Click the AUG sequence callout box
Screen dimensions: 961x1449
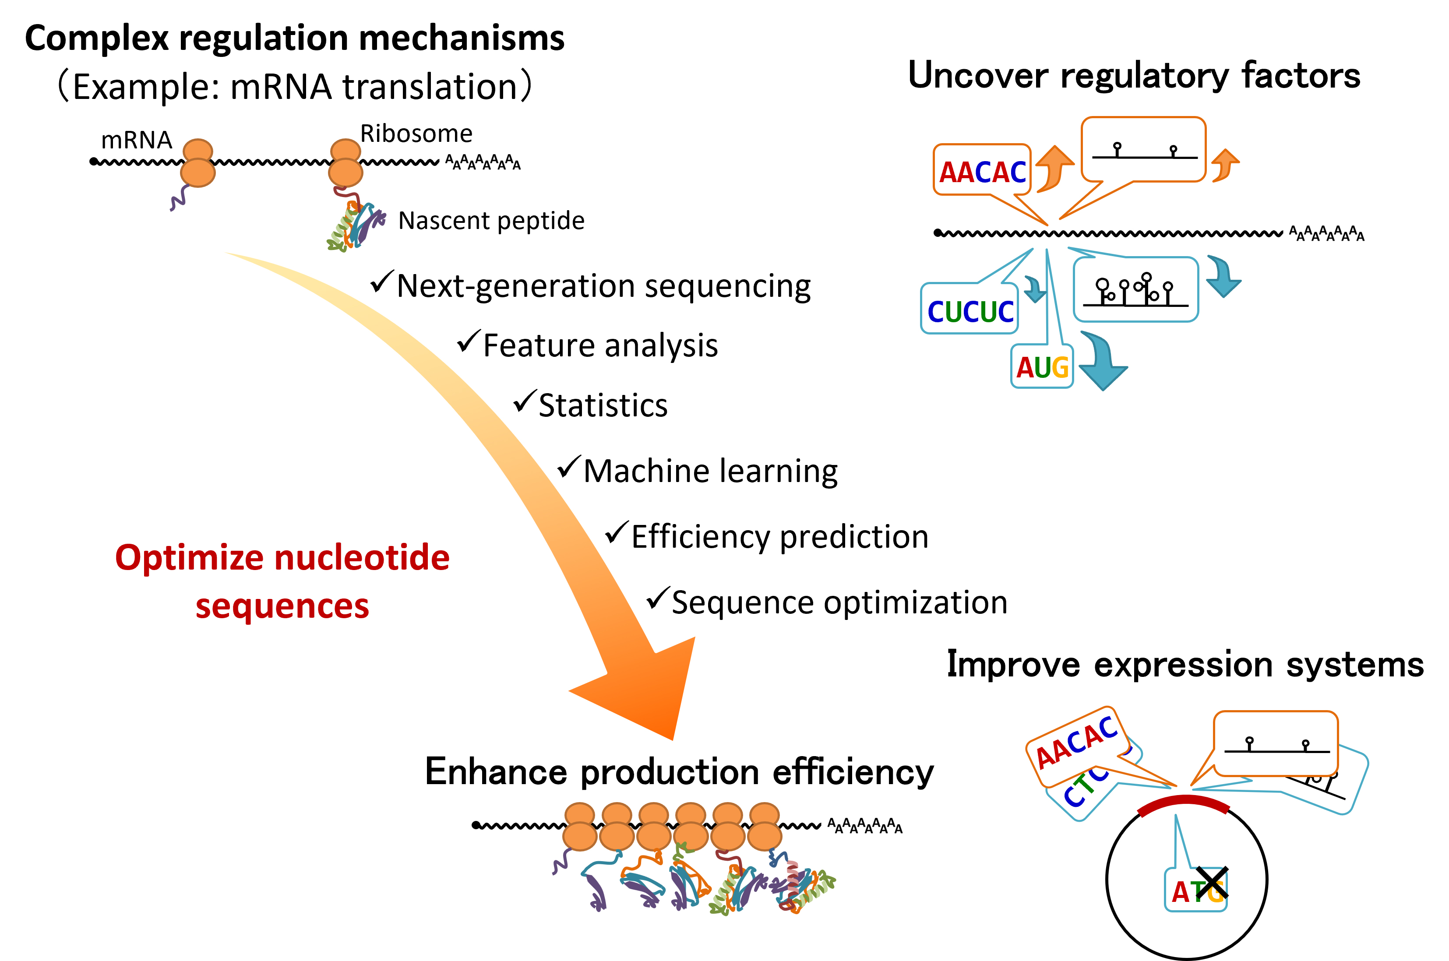[1042, 366]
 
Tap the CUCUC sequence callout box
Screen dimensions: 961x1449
[970, 310]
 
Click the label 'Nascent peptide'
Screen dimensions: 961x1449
[491, 221]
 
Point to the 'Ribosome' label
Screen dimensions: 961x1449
[416, 134]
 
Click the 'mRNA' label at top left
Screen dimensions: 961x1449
[136, 141]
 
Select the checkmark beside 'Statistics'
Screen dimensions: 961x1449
[525, 401]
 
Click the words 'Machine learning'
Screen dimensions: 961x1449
[710, 472]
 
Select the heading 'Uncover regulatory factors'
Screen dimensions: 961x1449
[1134, 76]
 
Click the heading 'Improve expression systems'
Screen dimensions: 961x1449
[1185, 665]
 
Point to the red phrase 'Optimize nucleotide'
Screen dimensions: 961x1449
[282, 558]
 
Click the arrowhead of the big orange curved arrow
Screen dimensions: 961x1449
[650, 693]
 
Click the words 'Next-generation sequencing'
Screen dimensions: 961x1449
[604, 287]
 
